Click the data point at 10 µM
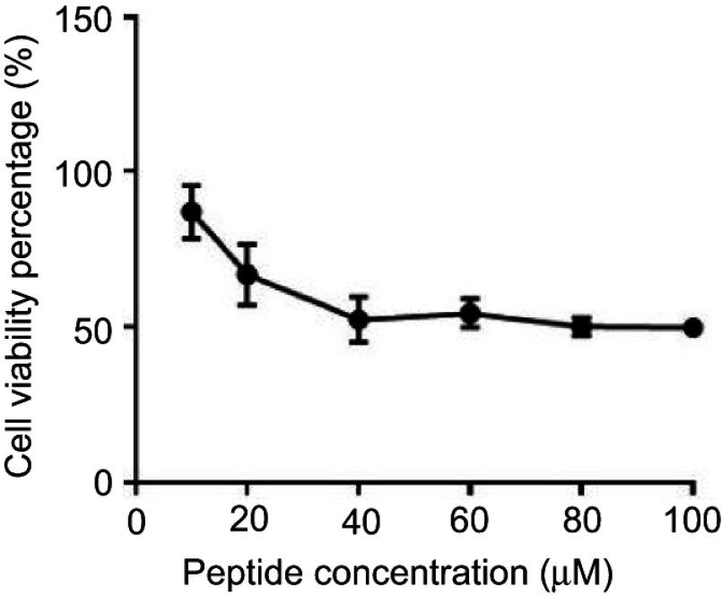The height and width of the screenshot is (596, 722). tap(191, 212)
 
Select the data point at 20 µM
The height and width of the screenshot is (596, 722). tap(248, 274)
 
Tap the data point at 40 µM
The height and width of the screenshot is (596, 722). tap(359, 319)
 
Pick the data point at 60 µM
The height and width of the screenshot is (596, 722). tap(470, 314)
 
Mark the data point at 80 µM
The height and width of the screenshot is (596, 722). tap(581, 326)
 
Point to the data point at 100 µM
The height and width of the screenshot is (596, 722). tap(692, 327)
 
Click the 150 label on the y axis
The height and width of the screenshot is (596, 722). tap(87, 20)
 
